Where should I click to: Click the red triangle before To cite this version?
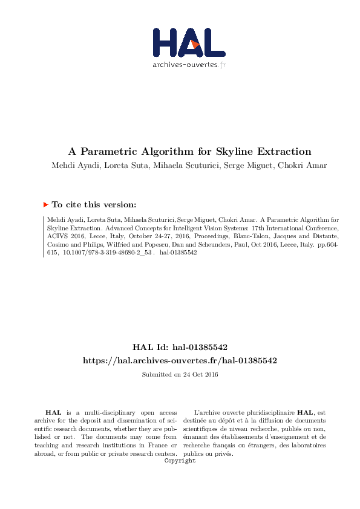(x=46, y=205)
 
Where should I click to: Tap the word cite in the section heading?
(x=73, y=205)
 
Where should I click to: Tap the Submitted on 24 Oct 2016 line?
(x=180, y=375)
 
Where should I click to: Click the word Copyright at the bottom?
(x=180, y=461)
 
